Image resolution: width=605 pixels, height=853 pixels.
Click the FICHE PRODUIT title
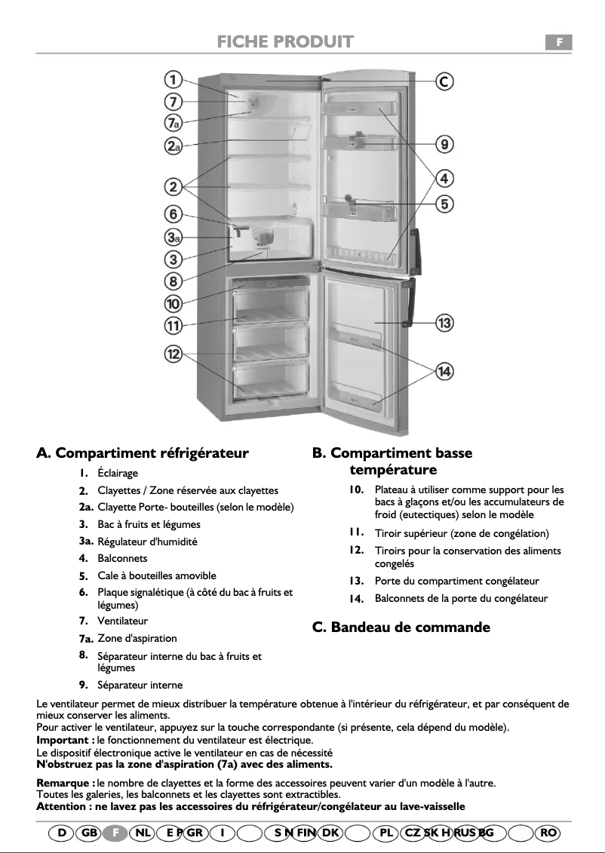285,41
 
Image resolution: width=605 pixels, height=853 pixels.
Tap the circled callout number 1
173,80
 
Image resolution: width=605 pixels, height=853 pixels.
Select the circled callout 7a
173,122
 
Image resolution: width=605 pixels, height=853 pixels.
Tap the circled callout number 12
174,354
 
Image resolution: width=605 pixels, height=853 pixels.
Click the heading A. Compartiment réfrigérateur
143,453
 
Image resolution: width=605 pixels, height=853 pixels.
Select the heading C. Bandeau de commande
401,627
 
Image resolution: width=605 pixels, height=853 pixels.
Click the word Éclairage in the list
118,474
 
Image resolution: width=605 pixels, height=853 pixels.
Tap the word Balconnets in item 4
122,559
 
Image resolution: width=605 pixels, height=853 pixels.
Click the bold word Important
63,740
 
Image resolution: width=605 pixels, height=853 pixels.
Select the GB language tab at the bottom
89,833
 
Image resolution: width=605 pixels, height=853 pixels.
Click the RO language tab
548,833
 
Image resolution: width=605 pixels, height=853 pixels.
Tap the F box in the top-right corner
559,42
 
